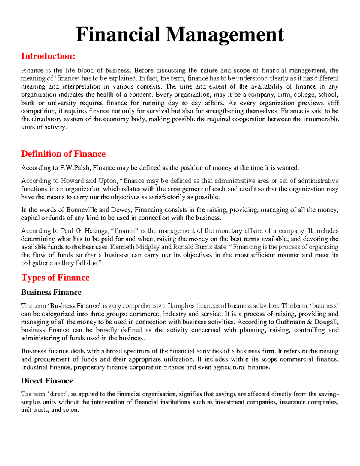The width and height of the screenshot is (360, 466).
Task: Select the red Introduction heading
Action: click(x=48, y=56)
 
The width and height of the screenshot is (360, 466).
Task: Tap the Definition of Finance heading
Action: click(x=63, y=154)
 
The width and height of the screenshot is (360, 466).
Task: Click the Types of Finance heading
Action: click(x=55, y=278)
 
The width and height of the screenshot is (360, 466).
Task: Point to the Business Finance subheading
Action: click(x=51, y=292)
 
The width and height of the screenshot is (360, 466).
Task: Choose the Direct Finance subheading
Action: click(x=47, y=381)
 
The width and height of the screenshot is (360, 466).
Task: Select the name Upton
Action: click(x=107, y=181)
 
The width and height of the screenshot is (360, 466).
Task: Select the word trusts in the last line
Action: click(x=40, y=410)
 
